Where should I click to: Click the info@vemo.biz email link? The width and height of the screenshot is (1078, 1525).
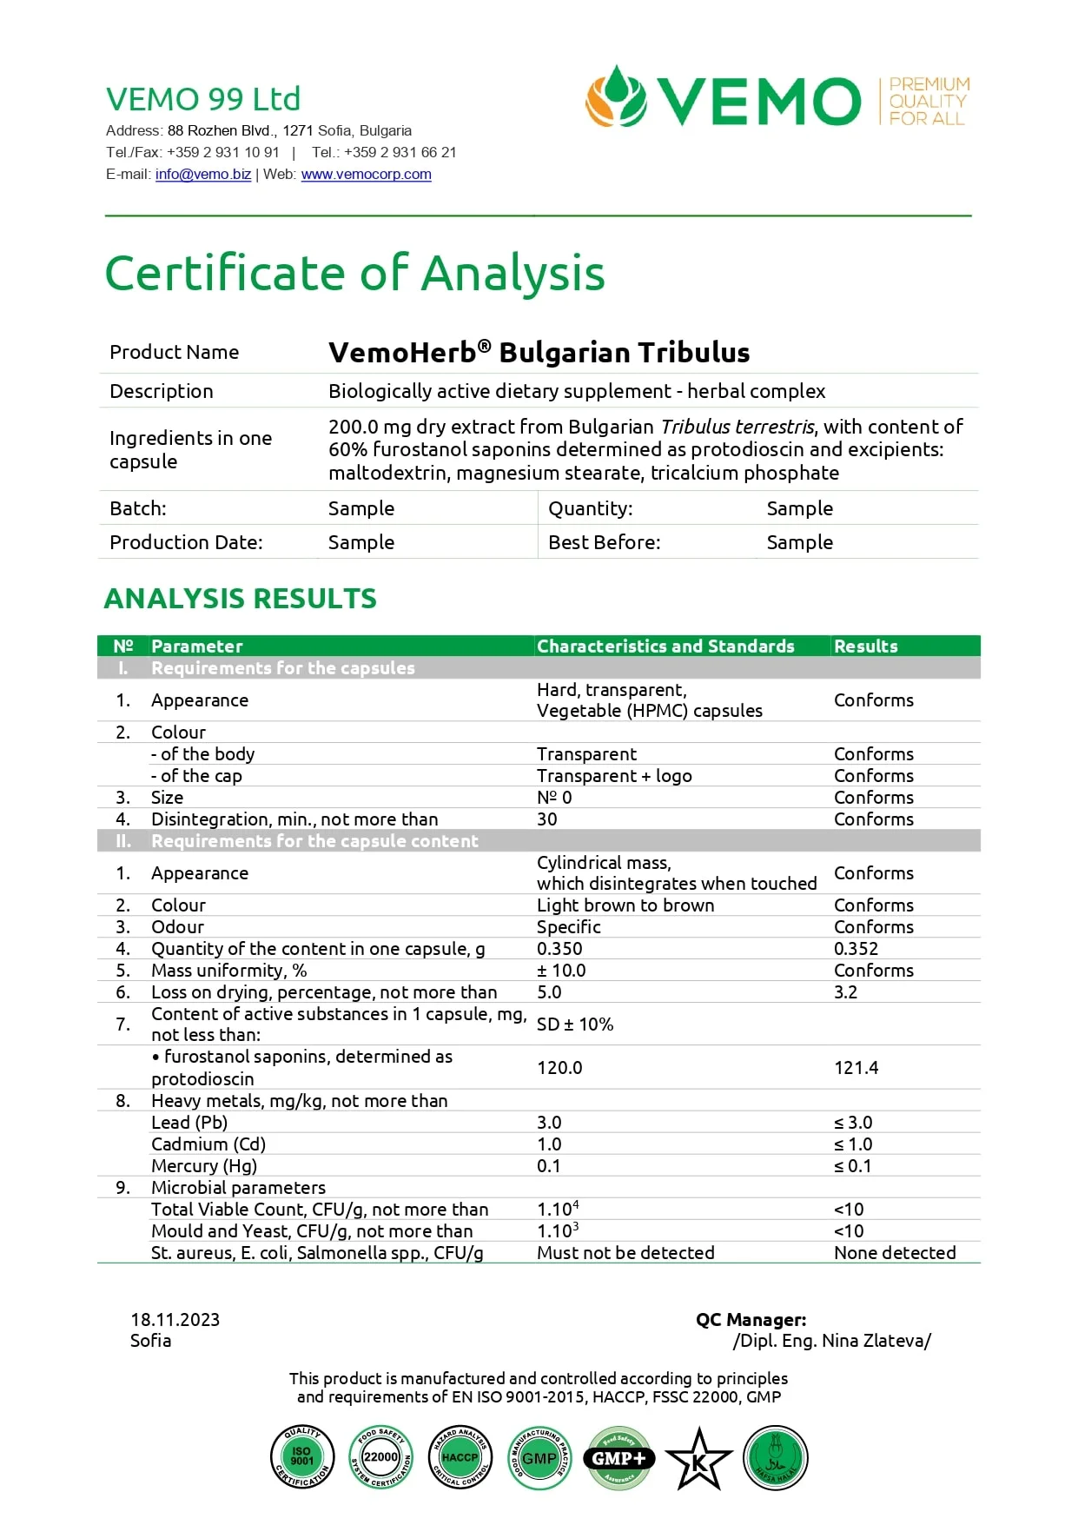pos(203,175)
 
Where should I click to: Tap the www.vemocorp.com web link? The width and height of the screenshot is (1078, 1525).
pos(366,175)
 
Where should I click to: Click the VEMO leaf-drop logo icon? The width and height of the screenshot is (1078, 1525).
pos(616,97)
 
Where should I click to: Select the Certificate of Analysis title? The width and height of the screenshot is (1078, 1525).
pos(354,273)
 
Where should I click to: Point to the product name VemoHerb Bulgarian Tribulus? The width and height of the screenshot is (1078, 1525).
pos(539,353)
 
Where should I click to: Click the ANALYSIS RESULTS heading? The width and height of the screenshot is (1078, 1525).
pos(240,599)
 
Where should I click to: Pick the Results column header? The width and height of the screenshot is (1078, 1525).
pos(865,646)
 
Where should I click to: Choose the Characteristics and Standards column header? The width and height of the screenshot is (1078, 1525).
pos(665,646)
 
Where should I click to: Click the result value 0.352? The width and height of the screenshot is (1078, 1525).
pos(856,949)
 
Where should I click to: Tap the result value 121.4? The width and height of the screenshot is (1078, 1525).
pos(856,1068)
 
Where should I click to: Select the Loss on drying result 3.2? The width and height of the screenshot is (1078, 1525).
pos(845,992)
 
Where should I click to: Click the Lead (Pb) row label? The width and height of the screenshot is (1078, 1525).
pos(189,1123)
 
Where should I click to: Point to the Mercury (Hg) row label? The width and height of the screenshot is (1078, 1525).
pos(204,1166)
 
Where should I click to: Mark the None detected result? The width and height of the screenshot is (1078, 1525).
pos(895,1253)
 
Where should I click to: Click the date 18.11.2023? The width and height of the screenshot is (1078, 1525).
pos(175,1320)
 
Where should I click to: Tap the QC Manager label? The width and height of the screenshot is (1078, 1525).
pos(751,1320)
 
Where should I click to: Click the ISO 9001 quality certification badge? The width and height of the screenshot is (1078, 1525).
pos(301,1457)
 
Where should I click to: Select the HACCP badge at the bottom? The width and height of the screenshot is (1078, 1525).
pos(460,1457)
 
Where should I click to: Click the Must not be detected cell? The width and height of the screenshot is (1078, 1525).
pos(625,1253)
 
